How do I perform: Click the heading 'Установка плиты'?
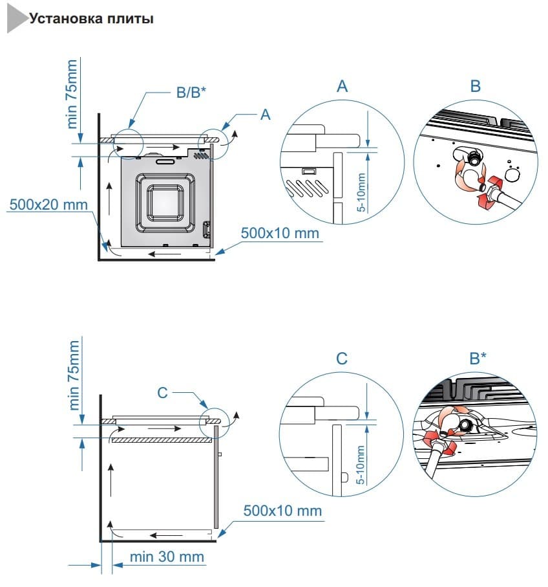click(91, 19)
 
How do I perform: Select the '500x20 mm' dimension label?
click(48, 205)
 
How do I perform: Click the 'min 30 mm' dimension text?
click(167, 557)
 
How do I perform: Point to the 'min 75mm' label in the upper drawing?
click(72, 94)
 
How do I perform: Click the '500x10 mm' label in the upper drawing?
click(280, 232)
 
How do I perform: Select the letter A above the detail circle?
click(342, 86)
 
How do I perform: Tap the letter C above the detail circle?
click(342, 359)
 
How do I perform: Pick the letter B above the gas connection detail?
click(476, 86)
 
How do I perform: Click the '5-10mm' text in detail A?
click(362, 192)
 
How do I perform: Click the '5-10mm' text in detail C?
click(361, 464)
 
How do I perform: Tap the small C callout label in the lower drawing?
click(163, 392)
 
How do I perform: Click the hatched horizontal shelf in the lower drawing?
click(162, 439)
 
